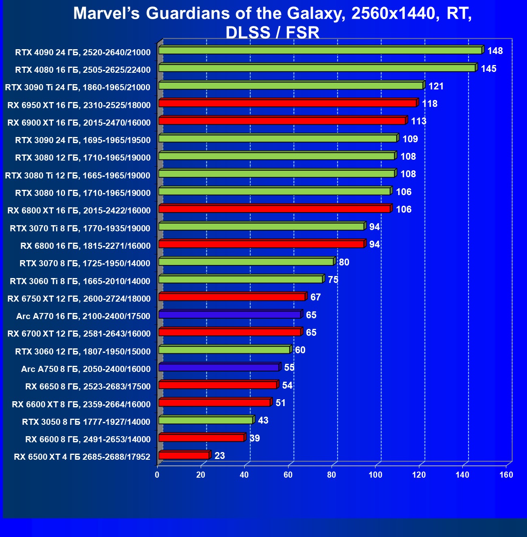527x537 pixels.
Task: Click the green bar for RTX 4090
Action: coord(320,50)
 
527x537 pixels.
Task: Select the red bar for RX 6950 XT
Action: coord(288,103)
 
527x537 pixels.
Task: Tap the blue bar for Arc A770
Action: coord(230,315)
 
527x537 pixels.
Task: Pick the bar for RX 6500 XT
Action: coord(184,456)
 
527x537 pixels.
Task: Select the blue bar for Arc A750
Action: coord(219,367)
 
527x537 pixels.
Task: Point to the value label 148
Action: coord(495,51)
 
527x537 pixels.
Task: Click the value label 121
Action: coord(436,86)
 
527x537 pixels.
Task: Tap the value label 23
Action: coord(219,456)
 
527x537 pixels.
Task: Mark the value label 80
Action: coord(344,262)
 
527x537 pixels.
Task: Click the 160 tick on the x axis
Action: coord(506,475)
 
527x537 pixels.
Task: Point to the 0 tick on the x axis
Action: coord(157,475)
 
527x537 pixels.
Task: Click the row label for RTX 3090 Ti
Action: coord(78,87)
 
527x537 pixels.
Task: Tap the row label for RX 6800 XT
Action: coord(79,211)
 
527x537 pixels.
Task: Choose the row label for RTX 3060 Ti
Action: coord(80,281)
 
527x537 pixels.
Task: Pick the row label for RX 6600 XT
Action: coord(81,404)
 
